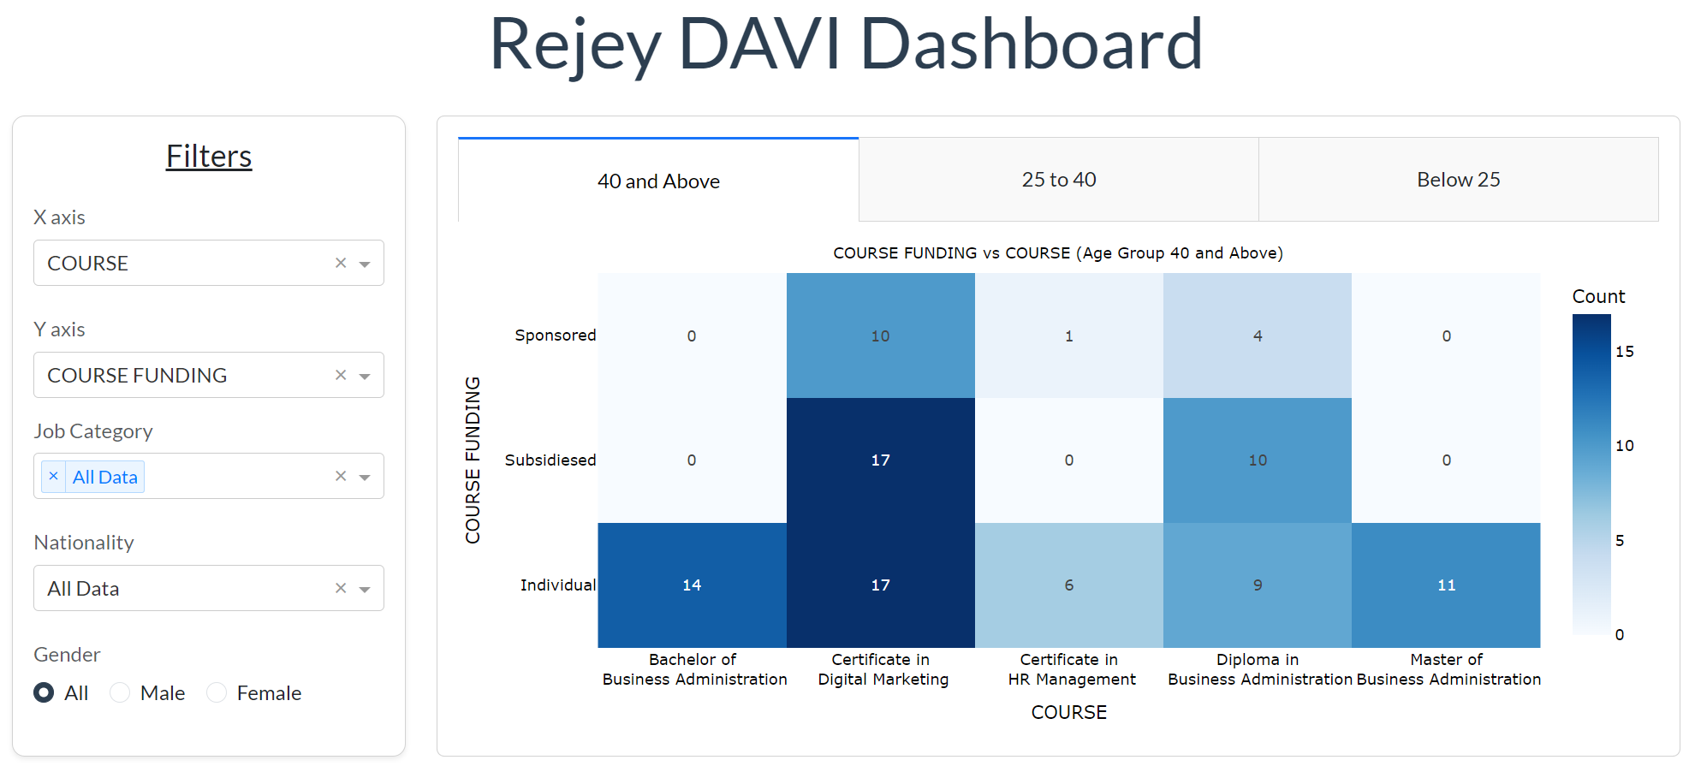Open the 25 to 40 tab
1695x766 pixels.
[1058, 180]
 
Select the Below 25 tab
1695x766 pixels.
[1458, 180]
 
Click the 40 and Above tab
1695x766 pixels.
[658, 181]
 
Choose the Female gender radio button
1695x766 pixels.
[217, 692]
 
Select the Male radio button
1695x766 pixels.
[121, 692]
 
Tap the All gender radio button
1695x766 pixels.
[44, 692]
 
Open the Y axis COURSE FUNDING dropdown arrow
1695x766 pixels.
[365, 376]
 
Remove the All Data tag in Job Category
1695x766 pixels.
[53, 477]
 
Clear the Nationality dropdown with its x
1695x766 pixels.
[341, 588]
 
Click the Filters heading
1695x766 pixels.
[209, 157]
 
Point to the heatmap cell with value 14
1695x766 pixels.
[692, 585]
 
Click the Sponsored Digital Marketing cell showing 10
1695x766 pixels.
[880, 335]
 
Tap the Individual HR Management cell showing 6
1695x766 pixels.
[1068, 585]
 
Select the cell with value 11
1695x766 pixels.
[1446, 585]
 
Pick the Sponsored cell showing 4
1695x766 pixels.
[1257, 335]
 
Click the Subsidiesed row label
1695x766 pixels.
[550, 460]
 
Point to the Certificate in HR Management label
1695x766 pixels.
[1070, 669]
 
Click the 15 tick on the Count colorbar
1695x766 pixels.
[1624, 352]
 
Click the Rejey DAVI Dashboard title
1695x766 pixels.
[846, 44]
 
